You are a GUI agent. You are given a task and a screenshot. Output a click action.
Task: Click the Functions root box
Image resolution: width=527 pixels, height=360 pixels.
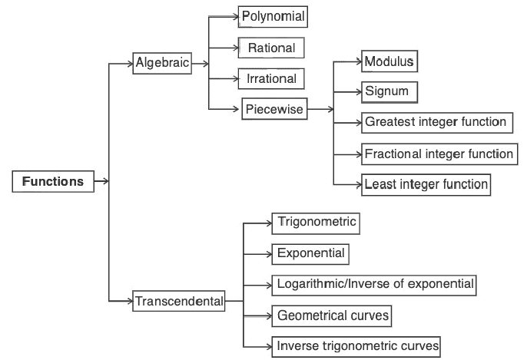tap(52, 182)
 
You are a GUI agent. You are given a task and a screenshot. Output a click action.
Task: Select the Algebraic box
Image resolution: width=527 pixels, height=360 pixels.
tap(162, 64)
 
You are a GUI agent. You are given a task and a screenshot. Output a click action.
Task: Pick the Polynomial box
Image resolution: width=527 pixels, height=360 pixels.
tap(273, 15)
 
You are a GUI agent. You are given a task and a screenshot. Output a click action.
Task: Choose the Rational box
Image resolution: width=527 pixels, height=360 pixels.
tap(271, 48)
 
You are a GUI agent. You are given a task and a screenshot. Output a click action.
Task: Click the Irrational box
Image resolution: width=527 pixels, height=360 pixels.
tap(271, 78)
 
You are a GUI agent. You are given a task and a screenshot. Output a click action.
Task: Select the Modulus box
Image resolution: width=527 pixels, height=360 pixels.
tap(389, 61)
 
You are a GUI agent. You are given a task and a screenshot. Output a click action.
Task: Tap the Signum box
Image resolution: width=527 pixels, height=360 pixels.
tap(389, 91)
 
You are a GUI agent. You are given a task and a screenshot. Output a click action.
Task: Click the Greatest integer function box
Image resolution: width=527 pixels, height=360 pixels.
tap(436, 122)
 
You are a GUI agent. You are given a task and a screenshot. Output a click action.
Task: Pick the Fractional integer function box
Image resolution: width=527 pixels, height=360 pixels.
tap(439, 154)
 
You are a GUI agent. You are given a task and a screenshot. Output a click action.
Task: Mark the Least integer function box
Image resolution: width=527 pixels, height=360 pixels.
tap(426, 184)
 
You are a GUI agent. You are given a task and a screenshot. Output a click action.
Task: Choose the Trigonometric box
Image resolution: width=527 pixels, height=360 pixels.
tap(317, 223)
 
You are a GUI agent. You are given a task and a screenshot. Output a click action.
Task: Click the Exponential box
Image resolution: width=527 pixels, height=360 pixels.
tap(311, 253)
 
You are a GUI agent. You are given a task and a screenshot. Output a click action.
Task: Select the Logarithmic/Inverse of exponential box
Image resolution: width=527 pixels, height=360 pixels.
tap(375, 284)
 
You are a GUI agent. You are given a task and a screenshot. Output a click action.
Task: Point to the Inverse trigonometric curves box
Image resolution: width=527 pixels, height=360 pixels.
tap(357, 345)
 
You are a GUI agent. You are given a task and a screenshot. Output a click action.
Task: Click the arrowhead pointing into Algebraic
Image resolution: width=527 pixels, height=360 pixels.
tap(128, 64)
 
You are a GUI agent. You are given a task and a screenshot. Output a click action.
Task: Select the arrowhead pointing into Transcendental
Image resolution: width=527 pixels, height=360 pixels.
tap(128, 302)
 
